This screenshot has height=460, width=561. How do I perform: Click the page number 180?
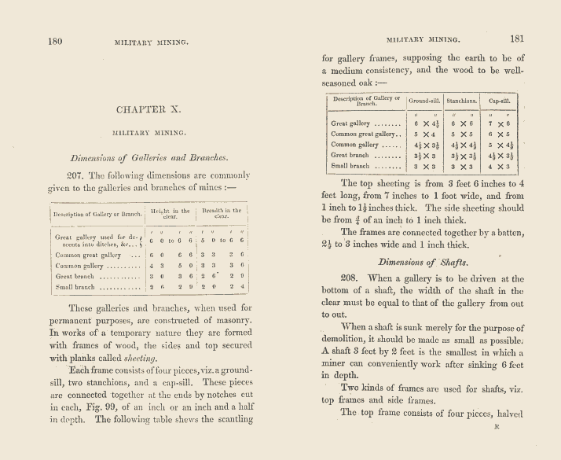point(56,41)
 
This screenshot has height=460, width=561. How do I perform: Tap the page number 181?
point(517,38)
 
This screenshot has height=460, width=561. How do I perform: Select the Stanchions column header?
point(461,101)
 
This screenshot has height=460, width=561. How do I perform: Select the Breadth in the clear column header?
point(224,214)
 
